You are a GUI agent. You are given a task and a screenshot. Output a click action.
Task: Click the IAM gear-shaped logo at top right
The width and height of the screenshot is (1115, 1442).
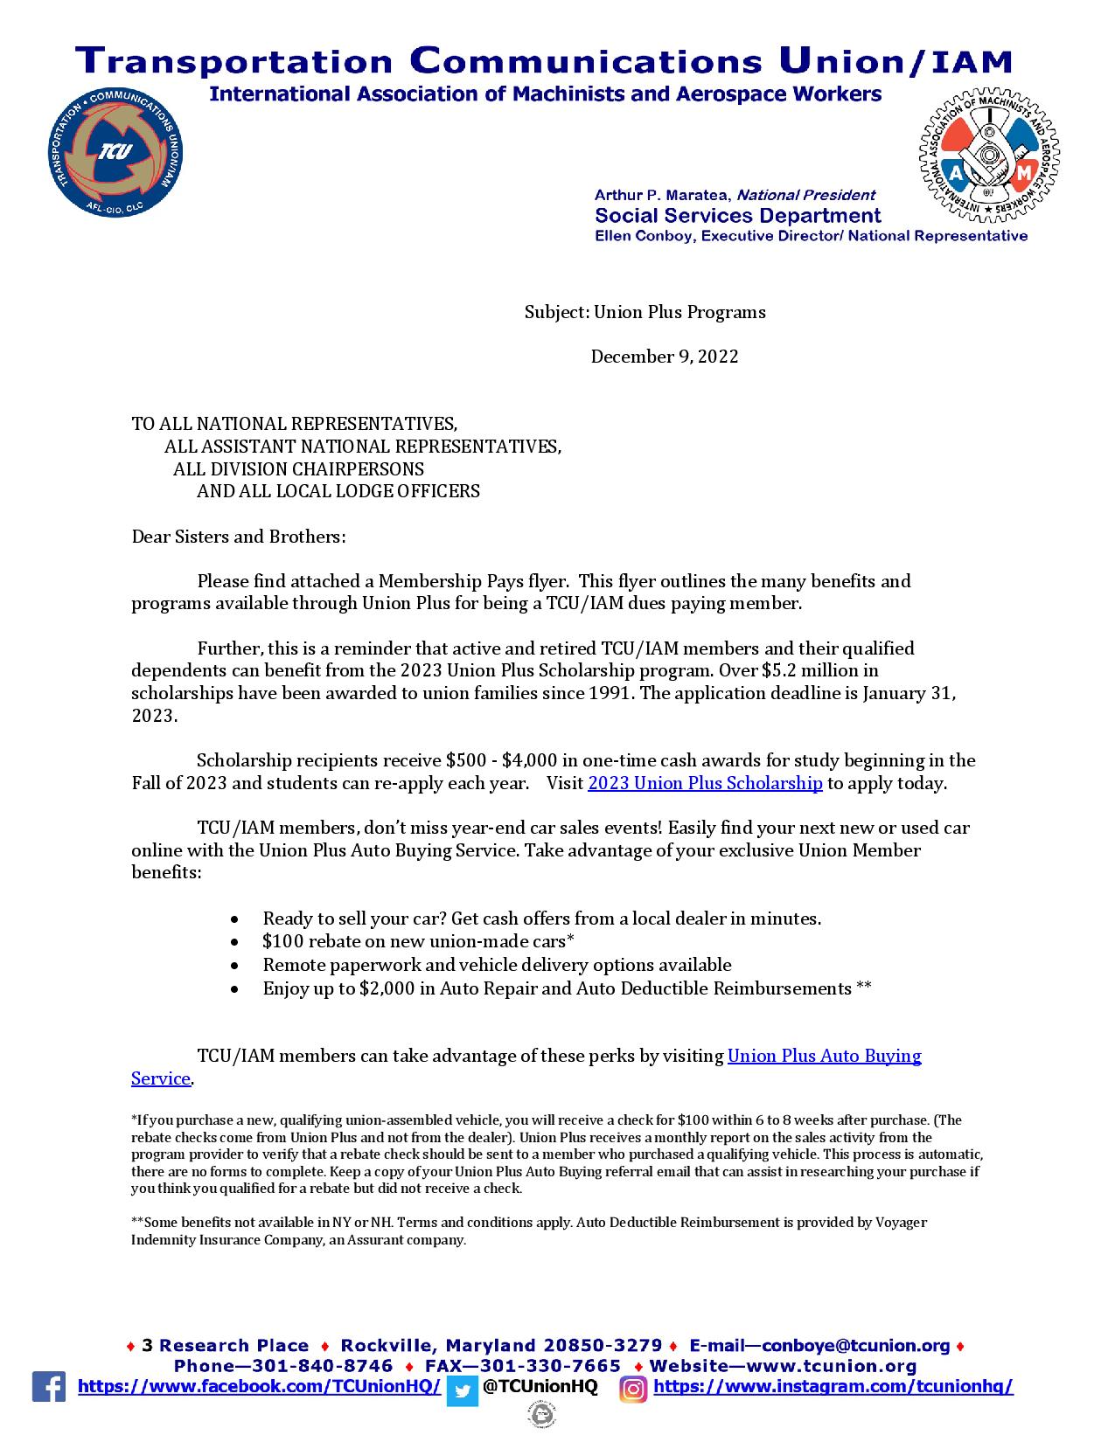990,153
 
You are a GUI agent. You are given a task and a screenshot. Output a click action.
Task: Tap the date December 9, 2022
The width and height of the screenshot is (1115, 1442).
664,357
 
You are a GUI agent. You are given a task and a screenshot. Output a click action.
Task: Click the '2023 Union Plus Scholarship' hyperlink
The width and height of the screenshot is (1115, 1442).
705,783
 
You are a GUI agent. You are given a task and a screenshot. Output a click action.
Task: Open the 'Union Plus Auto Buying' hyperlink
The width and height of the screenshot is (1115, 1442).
824,1056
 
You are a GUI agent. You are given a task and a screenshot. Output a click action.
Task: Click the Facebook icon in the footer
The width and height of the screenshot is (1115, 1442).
49,1387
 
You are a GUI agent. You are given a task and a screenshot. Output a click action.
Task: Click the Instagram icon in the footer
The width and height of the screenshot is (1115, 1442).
633,1389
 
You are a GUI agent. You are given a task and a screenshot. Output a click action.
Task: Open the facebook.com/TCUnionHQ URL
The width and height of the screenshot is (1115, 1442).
260,1387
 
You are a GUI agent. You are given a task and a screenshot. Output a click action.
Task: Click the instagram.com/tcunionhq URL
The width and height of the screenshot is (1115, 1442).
833,1387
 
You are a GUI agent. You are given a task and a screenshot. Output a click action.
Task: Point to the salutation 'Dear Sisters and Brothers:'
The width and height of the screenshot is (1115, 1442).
239,537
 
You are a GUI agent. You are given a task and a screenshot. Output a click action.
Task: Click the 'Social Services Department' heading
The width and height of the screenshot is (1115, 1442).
737,216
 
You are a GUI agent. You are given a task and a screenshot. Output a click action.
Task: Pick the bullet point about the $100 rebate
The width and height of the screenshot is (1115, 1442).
418,941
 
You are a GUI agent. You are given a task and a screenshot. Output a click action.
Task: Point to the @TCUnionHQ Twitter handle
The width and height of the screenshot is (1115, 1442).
540,1387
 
